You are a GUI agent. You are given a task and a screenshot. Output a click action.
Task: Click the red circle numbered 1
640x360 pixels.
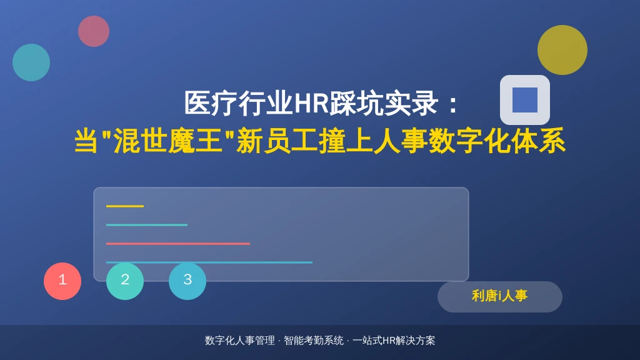(x=62, y=281)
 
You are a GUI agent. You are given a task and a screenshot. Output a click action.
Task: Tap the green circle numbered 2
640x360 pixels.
(x=125, y=281)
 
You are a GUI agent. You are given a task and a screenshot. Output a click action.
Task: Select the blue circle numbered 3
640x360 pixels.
(x=187, y=281)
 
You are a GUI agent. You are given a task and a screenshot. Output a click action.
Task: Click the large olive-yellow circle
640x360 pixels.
(x=562, y=50)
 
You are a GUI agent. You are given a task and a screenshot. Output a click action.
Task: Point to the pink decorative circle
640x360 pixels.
(x=94, y=31)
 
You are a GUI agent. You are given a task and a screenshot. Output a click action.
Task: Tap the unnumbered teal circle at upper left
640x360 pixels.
(x=31, y=62)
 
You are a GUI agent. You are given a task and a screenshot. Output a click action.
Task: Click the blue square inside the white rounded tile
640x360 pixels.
(x=525, y=100)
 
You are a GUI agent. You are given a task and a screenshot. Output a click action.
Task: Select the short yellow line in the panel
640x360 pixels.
(x=125, y=206)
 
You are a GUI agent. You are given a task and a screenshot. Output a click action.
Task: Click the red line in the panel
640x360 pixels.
(x=178, y=244)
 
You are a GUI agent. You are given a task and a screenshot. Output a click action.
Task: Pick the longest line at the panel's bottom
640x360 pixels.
(x=209, y=262)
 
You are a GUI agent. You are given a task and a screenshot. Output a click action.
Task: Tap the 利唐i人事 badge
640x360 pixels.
(x=499, y=297)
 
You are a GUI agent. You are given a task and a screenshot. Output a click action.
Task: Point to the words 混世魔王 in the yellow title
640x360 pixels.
(x=167, y=141)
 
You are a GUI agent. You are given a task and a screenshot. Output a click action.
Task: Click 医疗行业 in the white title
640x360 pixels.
(x=239, y=103)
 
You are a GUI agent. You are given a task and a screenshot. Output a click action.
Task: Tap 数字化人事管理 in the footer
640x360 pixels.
(x=240, y=341)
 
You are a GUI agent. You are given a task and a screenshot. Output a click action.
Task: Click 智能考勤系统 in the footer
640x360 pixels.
(x=314, y=341)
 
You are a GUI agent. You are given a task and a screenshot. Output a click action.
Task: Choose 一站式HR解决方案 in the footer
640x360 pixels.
(x=394, y=341)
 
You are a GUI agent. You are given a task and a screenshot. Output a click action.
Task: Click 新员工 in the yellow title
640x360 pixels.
(x=277, y=141)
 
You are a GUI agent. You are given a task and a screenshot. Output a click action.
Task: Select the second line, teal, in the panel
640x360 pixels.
(x=147, y=225)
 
